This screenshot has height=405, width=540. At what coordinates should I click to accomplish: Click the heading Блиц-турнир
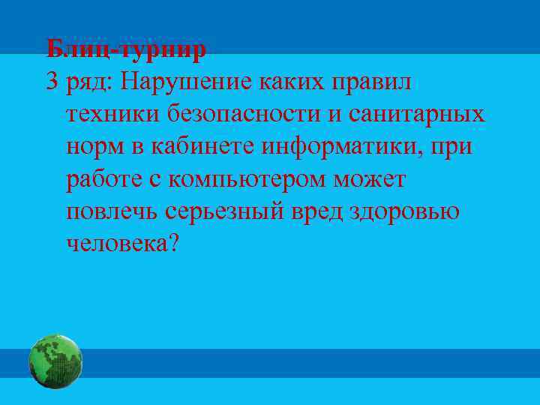(125, 50)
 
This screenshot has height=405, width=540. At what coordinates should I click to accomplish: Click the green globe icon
(55, 361)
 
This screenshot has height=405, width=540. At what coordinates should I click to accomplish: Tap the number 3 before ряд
(52, 82)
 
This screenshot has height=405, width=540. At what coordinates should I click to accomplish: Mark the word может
(372, 179)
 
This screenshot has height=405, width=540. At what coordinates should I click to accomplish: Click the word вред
(318, 211)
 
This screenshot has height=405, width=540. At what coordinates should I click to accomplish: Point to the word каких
(299, 82)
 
